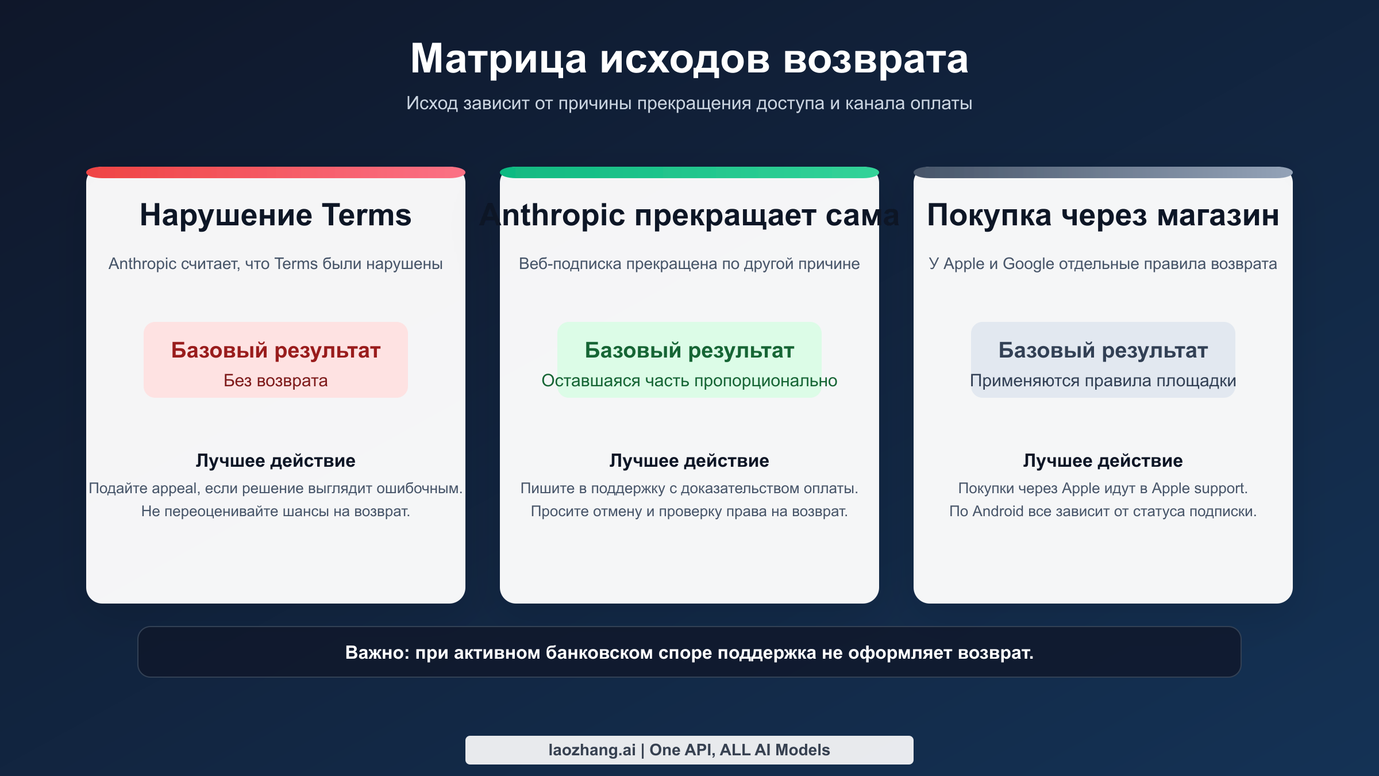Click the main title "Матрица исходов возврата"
coord(689,59)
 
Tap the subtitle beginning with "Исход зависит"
coord(689,103)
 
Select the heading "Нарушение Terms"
coord(276,215)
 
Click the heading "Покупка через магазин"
coord(1103,215)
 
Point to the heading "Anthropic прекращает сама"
coord(689,215)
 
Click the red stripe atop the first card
coord(276,172)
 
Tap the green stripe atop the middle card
coord(689,172)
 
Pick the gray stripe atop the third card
coord(1103,172)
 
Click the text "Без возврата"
coord(276,381)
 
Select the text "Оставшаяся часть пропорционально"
coord(689,381)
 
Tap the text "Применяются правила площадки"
coord(1103,381)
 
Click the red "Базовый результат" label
coord(276,350)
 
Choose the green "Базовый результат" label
coord(689,350)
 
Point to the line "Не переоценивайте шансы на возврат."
coord(276,511)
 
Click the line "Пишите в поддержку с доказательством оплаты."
coord(689,488)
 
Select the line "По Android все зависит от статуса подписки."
coord(1103,511)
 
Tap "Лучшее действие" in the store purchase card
coord(1103,460)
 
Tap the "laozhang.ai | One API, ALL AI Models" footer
coord(689,750)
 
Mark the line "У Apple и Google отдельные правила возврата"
coord(1103,264)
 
